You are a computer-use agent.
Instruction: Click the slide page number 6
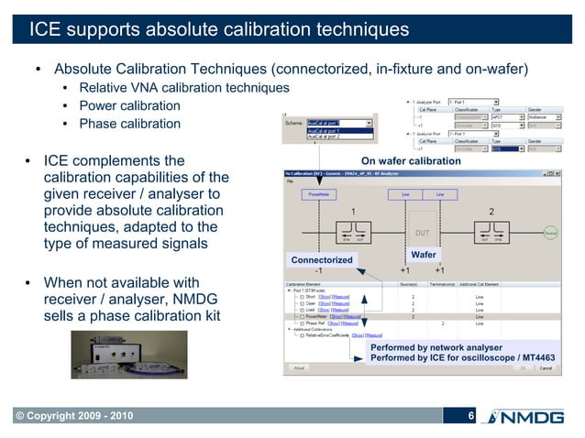(x=470, y=418)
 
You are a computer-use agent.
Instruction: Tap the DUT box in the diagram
(x=423, y=233)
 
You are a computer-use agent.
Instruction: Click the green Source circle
(x=551, y=233)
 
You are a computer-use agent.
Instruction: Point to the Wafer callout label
(x=423, y=254)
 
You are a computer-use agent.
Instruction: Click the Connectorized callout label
(x=322, y=260)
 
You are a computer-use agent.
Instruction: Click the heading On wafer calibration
(x=410, y=161)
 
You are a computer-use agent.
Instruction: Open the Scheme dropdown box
(x=339, y=122)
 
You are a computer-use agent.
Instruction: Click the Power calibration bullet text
(x=129, y=105)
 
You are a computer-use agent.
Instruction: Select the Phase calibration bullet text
(x=129, y=124)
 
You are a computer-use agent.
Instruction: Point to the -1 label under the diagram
(x=317, y=271)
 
